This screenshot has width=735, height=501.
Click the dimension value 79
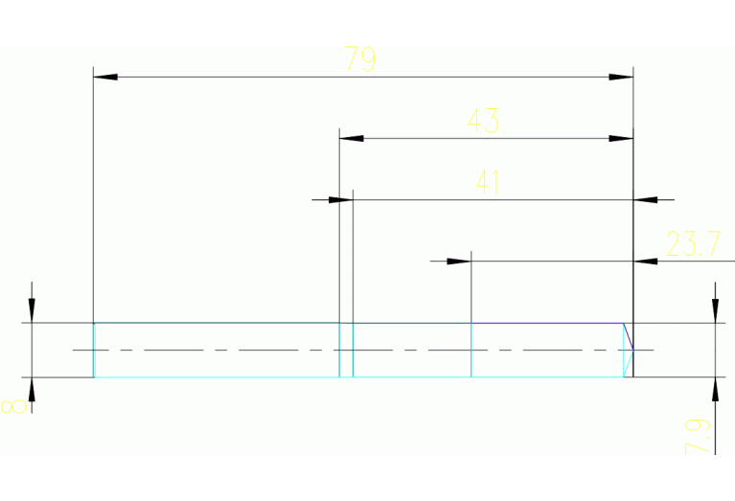(x=360, y=60)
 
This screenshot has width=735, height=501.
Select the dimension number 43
(x=482, y=122)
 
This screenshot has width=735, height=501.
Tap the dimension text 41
(x=489, y=183)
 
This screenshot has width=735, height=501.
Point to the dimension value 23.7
(x=693, y=245)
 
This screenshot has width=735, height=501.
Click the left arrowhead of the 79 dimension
(x=104, y=76)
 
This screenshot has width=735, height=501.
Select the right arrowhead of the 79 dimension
(x=622, y=76)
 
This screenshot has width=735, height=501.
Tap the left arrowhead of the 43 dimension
(x=352, y=138)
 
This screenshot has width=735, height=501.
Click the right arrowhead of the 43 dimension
(x=622, y=138)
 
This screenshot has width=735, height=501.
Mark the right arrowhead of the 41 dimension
(x=647, y=199)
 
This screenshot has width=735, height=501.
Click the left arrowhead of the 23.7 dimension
(x=459, y=261)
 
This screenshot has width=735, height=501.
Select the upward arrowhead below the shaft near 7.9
(x=714, y=390)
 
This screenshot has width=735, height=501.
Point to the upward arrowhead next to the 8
(x=32, y=390)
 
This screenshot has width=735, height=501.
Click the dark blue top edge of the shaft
(x=546, y=324)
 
